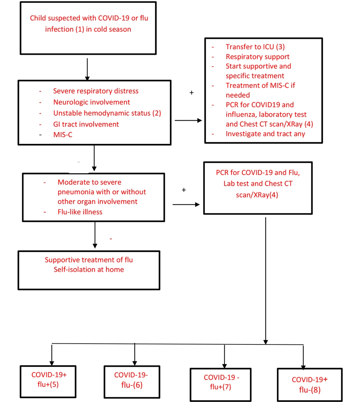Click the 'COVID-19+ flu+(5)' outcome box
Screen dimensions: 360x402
coord(48,381)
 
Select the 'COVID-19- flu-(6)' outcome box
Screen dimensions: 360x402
coord(132,382)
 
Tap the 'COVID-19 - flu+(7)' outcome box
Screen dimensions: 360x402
coord(221,385)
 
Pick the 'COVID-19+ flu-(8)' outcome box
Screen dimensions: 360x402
coord(310,385)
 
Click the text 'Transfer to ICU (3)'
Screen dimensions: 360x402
coord(255,47)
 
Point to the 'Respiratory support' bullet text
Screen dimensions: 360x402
coord(257,57)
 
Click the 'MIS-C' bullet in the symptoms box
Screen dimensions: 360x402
coord(63,135)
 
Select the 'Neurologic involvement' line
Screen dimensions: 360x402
coord(91,102)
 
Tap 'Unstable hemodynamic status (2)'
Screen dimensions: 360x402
coord(107,113)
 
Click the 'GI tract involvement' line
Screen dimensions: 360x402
coord(86,125)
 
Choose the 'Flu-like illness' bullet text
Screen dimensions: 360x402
coord(80,212)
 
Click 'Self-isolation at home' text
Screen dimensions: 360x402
coord(89,270)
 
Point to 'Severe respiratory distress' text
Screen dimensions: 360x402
coord(96,91)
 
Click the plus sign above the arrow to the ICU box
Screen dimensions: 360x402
coord(192,92)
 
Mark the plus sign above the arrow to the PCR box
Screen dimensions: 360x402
coord(184,190)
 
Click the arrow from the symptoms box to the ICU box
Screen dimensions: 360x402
coord(189,120)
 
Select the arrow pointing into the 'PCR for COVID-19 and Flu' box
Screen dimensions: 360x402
coord(186,204)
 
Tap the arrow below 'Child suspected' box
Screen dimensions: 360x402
coord(87,69)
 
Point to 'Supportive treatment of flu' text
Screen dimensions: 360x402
coord(89,260)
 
